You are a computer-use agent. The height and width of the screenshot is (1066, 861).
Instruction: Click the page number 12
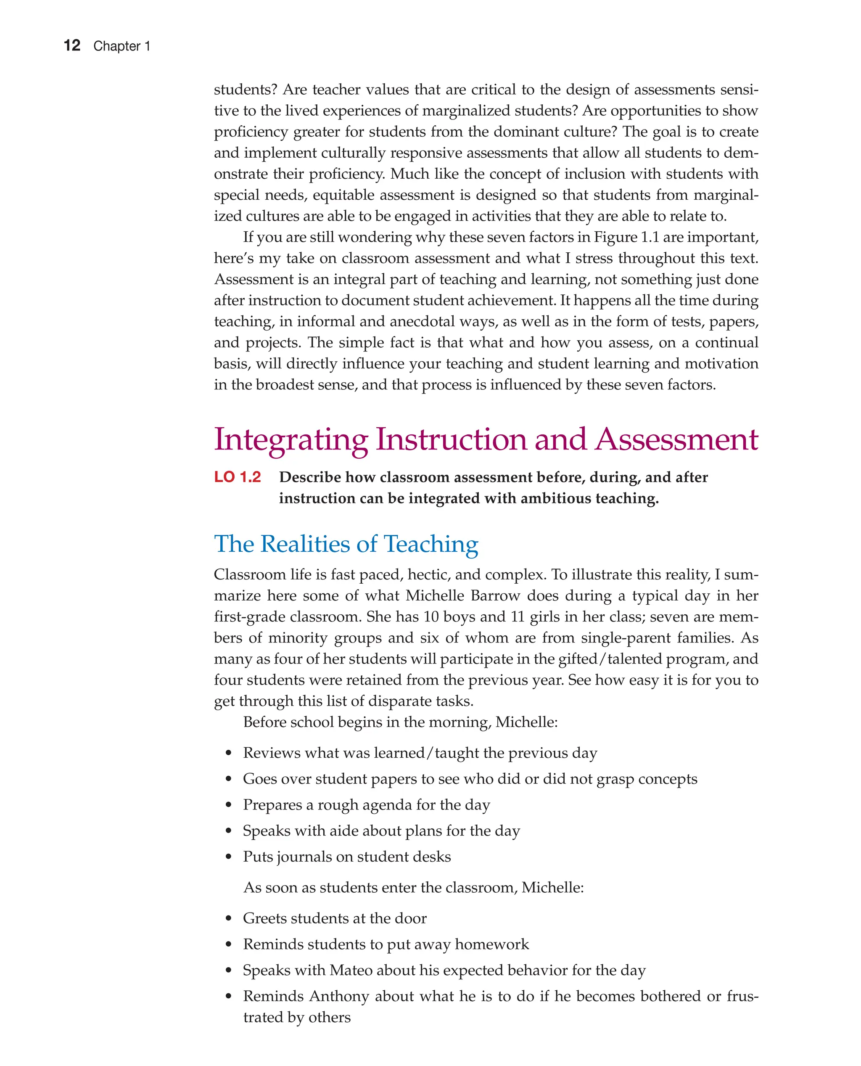pos(72,46)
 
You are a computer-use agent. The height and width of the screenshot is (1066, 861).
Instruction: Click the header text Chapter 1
pos(121,46)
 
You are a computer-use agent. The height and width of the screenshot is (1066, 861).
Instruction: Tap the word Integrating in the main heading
pos(291,440)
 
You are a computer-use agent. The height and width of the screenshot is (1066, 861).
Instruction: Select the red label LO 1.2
pos(237,477)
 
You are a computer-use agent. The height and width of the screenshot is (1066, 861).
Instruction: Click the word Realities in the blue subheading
pos(304,544)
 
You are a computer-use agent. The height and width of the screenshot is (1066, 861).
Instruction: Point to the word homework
pos(491,944)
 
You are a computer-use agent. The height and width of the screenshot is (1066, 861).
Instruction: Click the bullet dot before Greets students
pos(228,919)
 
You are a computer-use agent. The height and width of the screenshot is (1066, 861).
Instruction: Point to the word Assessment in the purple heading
pos(676,440)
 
